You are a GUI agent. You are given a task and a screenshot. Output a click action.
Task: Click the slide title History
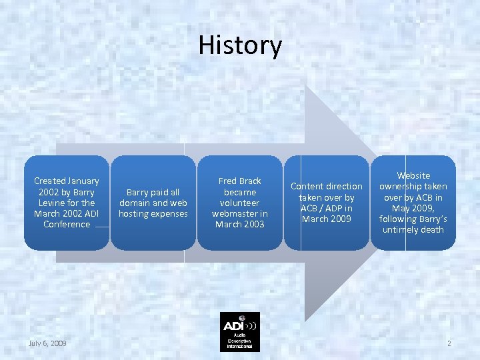pyautogui.click(x=240, y=45)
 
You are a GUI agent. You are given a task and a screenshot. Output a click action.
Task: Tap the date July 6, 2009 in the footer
pyautogui.click(x=47, y=343)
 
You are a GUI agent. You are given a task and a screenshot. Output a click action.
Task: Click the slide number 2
pyautogui.click(x=449, y=343)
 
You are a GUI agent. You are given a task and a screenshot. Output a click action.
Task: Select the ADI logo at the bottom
pyautogui.click(x=240, y=331)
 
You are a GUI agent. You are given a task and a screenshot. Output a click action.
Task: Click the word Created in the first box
pyautogui.click(x=50, y=181)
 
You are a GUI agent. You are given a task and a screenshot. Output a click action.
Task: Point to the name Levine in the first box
pyautogui.click(x=53, y=203)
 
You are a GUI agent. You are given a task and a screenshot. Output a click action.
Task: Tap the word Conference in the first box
pyautogui.click(x=67, y=224)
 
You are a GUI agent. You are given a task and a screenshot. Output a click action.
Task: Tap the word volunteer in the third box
pyautogui.click(x=240, y=203)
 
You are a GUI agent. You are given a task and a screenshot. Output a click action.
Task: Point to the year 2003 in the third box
pyautogui.click(x=253, y=224)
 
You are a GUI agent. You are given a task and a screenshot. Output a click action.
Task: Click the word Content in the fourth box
pyautogui.click(x=307, y=186)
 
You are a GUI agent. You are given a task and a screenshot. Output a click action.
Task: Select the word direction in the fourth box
pyautogui.click(x=344, y=186)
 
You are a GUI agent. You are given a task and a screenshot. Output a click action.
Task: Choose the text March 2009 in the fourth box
pyautogui.click(x=327, y=219)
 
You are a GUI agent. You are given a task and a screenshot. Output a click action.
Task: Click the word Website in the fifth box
pyautogui.click(x=413, y=175)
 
